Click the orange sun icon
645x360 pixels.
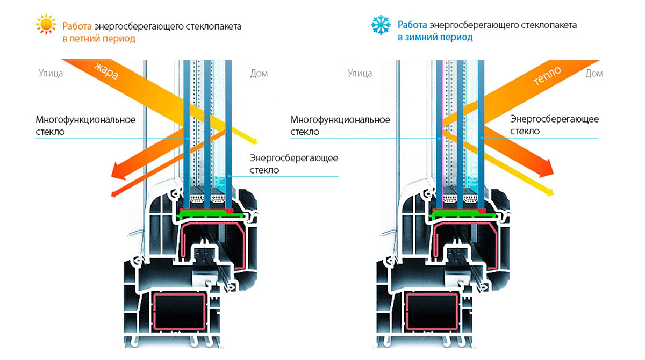(46, 25)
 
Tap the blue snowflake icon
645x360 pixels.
(381, 25)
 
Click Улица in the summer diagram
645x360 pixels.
(51, 73)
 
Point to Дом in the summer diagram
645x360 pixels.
(259, 73)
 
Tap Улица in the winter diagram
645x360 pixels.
(360, 73)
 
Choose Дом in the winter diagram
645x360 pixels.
(594, 73)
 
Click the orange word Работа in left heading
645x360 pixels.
(77, 26)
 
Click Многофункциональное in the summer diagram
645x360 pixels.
(85, 119)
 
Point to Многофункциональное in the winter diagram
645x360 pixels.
(340, 119)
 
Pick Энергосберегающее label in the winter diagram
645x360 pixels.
(554, 119)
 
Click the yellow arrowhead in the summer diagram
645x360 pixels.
(253, 140)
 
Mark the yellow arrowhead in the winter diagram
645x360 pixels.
(549, 190)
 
